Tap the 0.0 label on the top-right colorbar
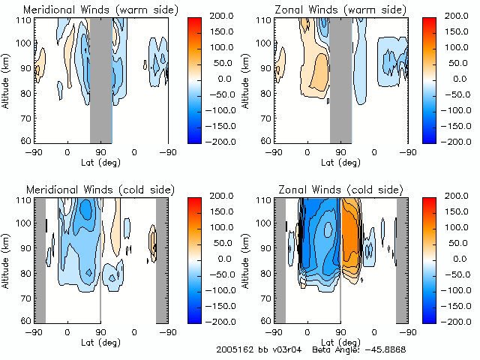click(x=458, y=78)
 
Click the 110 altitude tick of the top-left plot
click(x=24, y=20)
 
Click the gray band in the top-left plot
click(x=100, y=79)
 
